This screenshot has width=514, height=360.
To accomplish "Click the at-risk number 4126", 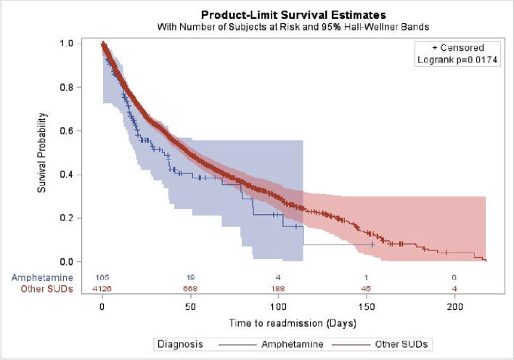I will point(102,289).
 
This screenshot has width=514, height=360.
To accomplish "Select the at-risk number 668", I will point(190,289).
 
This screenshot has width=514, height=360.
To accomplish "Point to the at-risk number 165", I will point(102,277).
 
